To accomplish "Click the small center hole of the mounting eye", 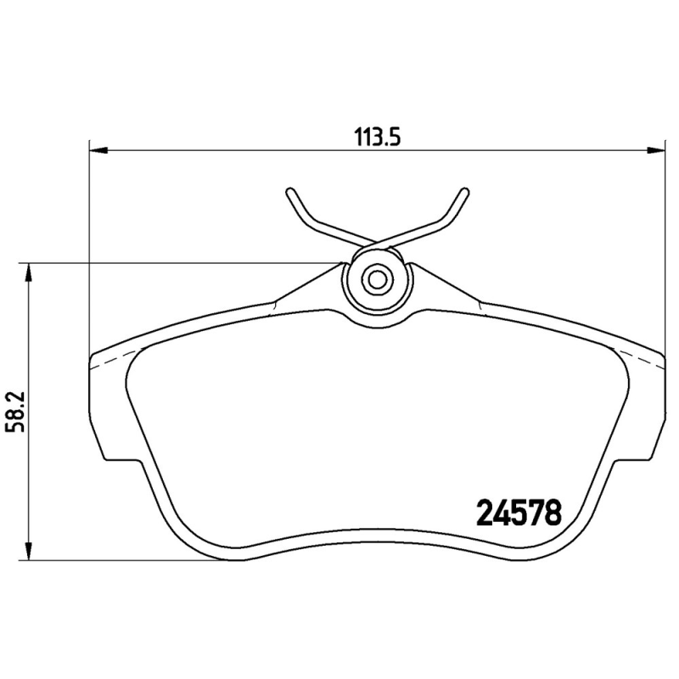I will [377, 278].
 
